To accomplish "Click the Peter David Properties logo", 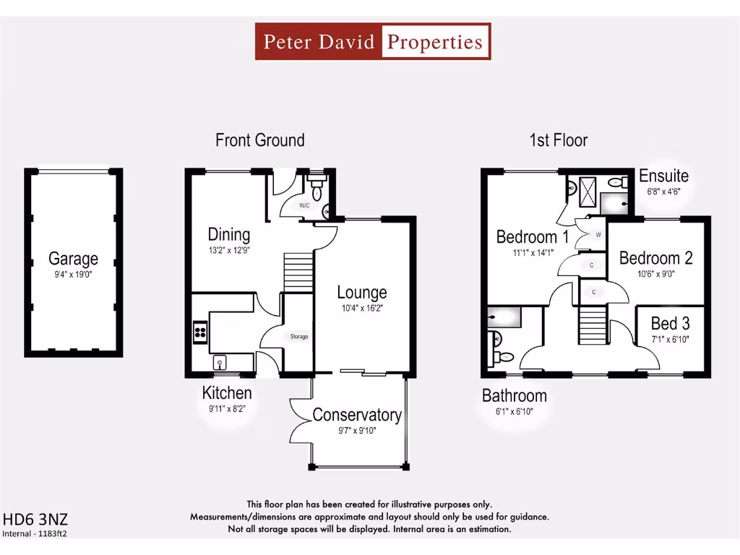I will point(373,41).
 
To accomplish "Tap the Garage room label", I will point(73,258).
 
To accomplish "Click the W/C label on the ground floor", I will point(305,205).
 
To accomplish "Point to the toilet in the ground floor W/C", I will point(317,189).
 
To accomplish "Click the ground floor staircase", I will point(298,270).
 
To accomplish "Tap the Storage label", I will point(299,337).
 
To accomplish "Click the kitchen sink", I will point(219,363).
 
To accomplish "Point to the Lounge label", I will point(362,293).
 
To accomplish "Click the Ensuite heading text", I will point(663,176).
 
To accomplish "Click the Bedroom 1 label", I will point(533,236).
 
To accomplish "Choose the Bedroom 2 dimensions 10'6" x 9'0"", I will point(655,274).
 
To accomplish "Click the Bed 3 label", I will point(670,323).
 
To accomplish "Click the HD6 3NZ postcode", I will point(36,520).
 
